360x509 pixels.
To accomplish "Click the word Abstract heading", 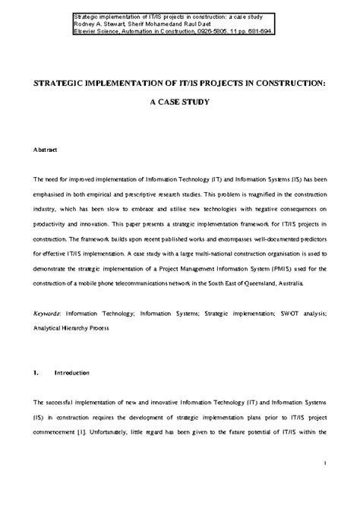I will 43,152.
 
